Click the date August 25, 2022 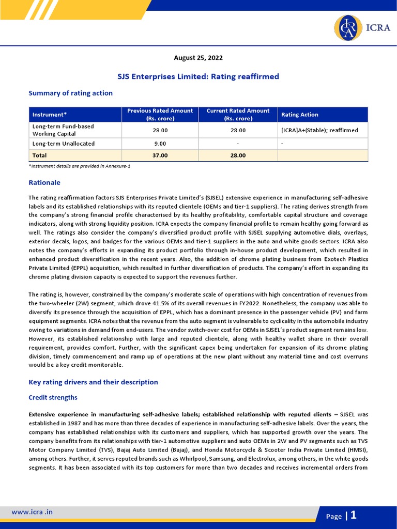coord(198,58)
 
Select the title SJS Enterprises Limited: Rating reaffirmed coord(198,76)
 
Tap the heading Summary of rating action coord(70,93)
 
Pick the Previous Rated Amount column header coord(160,115)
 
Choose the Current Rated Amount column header coord(238,115)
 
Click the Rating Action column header coord(299,115)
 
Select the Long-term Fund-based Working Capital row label coord(63,130)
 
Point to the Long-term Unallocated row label coord(64,144)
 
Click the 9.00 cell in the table coord(160,144)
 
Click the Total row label coord(40,155)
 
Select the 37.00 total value coord(160,155)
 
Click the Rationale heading coord(44,182)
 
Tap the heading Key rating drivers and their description coord(93,382)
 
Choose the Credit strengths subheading coord(53,397)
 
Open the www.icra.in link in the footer coord(32,512)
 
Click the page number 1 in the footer coord(354,515)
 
